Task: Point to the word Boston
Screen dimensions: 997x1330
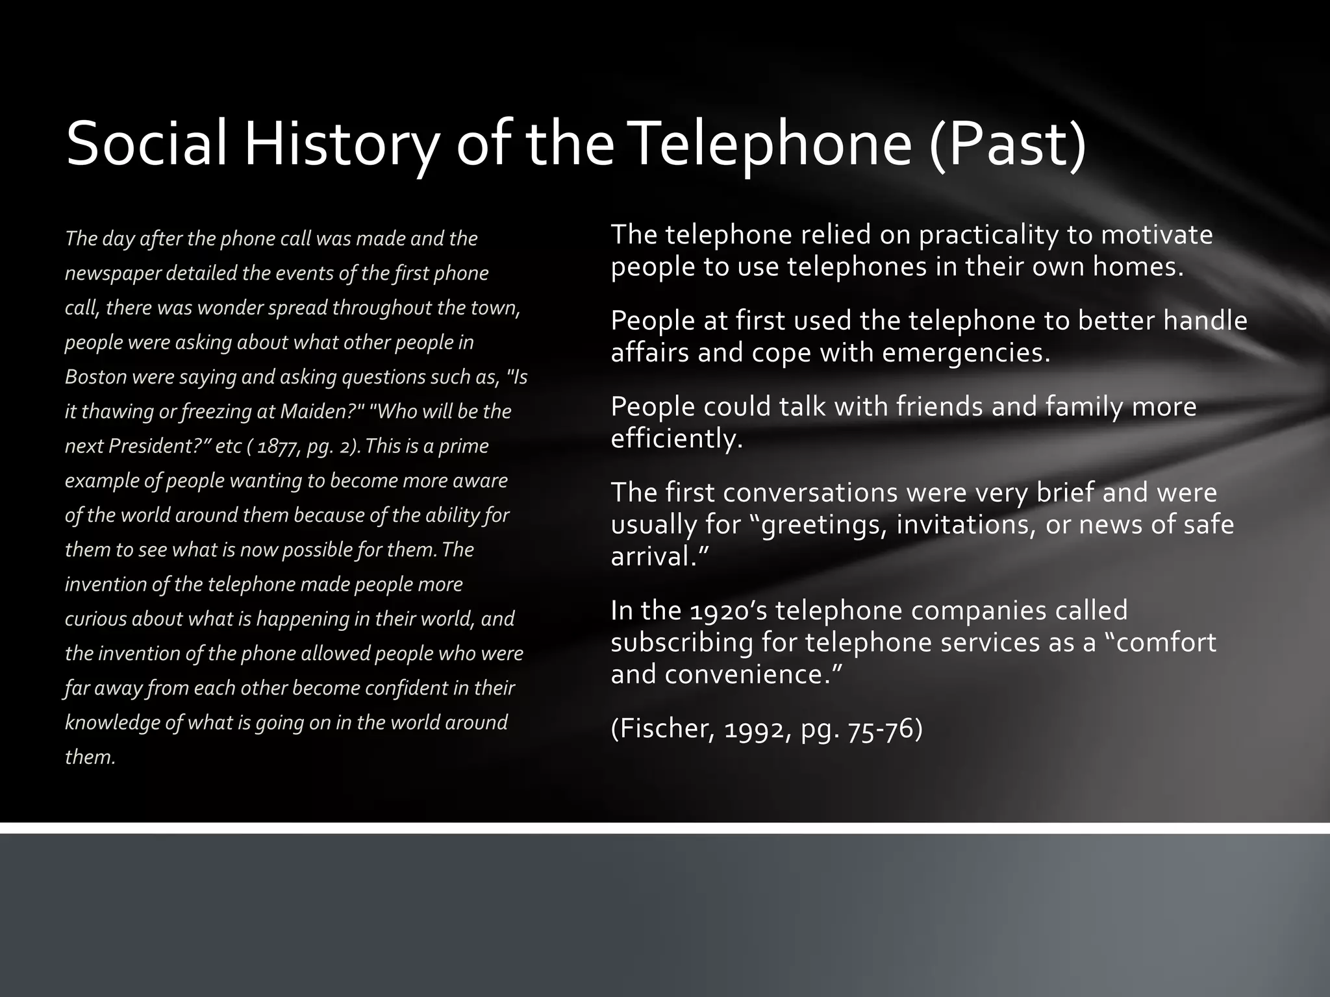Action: tap(95, 377)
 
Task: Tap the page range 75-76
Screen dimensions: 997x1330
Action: tap(885, 729)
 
